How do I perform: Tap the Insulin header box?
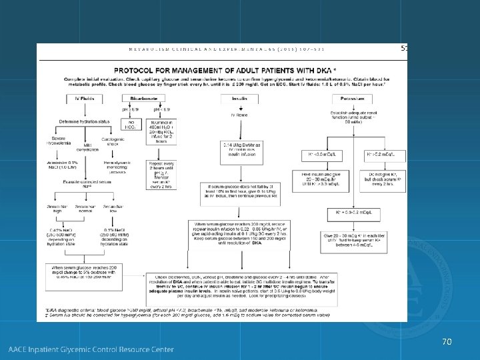(239, 98)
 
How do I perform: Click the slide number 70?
(446, 342)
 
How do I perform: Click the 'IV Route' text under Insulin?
(239, 115)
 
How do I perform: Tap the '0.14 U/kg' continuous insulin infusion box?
(239, 147)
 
